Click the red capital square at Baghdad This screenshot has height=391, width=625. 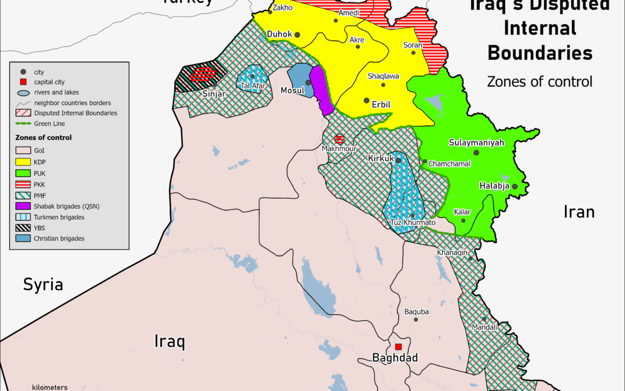pyautogui.click(x=398, y=346)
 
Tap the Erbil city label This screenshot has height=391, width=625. pyautogui.click(x=382, y=104)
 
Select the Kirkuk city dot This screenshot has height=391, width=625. pyautogui.click(x=398, y=160)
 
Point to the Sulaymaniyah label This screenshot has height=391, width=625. pyautogui.click(x=476, y=142)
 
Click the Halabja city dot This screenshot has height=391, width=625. pyautogui.click(x=514, y=187)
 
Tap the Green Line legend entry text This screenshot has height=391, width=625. pyautogui.click(x=49, y=123)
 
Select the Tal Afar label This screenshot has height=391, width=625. pyautogui.click(x=253, y=86)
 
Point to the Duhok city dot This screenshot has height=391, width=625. pyautogui.click(x=297, y=35)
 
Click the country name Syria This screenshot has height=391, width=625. pyautogui.click(x=43, y=284)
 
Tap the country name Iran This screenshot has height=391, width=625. pyautogui.click(x=579, y=212)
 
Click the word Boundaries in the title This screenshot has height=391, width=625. pyautogui.click(x=539, y=53)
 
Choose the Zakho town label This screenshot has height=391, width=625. pyautogui.click(x=282, y=8)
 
